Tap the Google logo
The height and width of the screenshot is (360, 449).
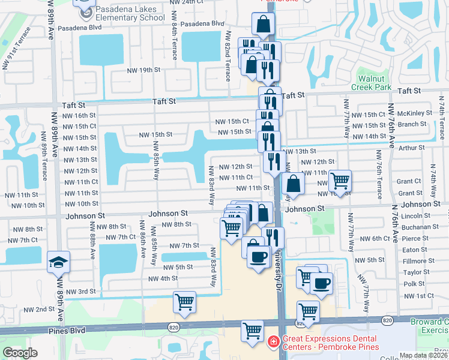pyautogui.click(x=20, y=353)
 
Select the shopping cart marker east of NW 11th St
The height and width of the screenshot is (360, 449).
pyautogui.click(x=340, y=180)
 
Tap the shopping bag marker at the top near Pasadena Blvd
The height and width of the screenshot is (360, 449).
pyautogui.click(x=263, y=25)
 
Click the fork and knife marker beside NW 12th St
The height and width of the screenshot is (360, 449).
pyautogui.click(x=274, y=161)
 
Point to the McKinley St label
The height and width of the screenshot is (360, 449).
pyautogui.click(x=414, y=113)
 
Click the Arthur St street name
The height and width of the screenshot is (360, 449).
pyautogui.click(x=411, y=148)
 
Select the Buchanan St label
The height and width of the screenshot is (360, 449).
pyautogui.click(x=420, y=227)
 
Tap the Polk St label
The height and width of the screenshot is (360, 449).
pyautogui.click(x=414, y=284)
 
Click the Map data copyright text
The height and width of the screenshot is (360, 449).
pyautogui.click(x=423, y=355)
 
